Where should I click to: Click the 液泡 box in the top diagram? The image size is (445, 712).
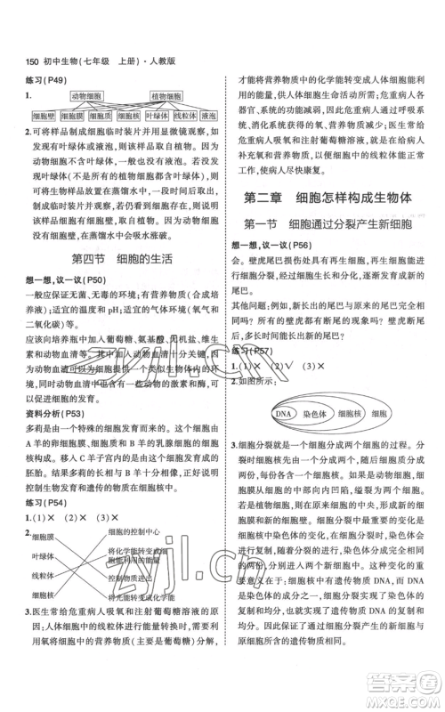[x=209, y=116]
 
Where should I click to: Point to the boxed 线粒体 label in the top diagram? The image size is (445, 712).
[x=183, y=116]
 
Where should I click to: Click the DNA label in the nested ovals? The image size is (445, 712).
[x=284, y=390]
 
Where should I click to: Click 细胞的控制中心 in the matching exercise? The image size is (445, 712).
[x=138, y=531]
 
